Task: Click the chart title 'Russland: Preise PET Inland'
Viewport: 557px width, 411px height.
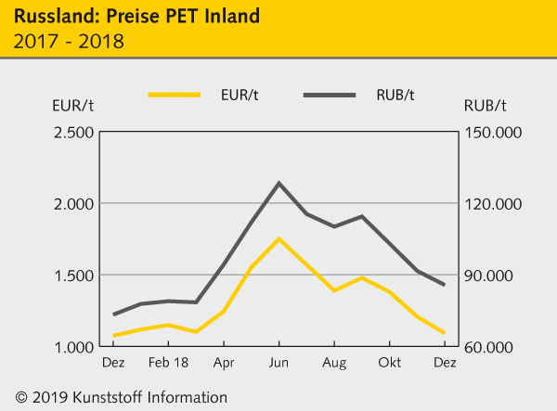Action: click(136, 16)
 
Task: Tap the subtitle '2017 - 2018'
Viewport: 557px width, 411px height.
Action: click(70, 41)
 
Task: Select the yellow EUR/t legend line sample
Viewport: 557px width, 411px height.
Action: click(175, 95)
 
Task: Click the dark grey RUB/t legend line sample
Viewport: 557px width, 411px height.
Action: click(330, 95)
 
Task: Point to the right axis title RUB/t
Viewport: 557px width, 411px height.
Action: click(485, 105)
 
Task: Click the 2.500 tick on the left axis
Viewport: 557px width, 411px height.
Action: click(73, 133)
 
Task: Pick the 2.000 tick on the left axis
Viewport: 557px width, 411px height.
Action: click(73, 204)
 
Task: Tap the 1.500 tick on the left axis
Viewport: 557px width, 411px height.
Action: click(73, 276)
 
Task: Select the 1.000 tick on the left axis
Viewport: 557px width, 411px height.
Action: click(73, 347)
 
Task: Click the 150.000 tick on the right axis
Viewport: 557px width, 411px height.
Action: click(493, 133)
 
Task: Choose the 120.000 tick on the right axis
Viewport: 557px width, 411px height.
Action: click(493, 204)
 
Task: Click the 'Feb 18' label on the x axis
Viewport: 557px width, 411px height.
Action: click(168, 363)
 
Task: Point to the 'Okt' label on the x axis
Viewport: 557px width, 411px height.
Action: click(389, 363)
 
